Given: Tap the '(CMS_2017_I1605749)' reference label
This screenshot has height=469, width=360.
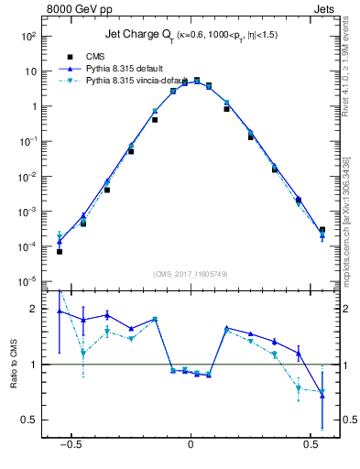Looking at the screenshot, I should (x=191, y=273).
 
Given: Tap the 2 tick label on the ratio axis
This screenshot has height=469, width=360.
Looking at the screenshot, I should (x=34, y=309).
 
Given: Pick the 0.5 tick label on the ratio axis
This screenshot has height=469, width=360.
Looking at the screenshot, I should (x=30, y=420).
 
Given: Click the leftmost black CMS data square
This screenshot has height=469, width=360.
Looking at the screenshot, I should (x=59, y=251).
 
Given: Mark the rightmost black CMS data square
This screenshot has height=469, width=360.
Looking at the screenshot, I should (x=322, y=230).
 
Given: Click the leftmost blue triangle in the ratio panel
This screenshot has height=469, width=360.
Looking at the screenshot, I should (x=59, y=311).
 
